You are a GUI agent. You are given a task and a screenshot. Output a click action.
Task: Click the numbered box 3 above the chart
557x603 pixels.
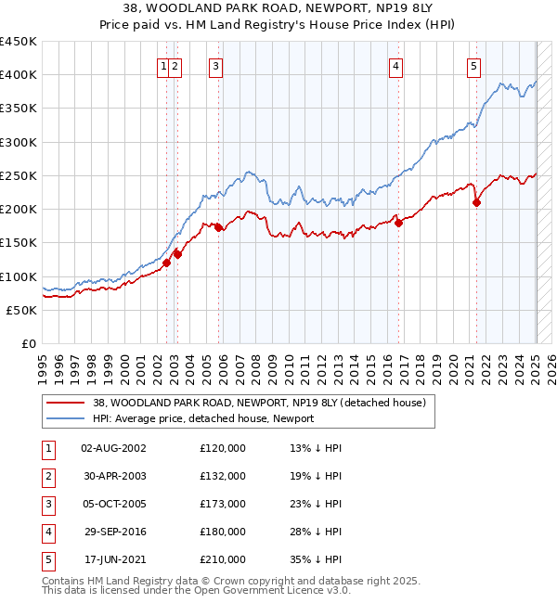pos(215,66)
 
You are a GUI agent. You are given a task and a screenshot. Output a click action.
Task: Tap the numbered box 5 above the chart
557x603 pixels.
pos(473,66)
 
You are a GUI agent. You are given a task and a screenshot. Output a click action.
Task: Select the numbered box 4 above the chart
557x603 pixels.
pos(395,66)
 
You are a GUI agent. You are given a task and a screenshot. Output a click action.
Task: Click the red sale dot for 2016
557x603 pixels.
pos(397,223)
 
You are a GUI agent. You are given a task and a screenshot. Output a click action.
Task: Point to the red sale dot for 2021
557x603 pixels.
pos(476,202)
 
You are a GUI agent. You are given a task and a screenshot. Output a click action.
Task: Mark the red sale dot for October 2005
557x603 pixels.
pos(219,227)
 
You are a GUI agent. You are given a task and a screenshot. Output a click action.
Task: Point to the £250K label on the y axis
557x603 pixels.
pos(19,175)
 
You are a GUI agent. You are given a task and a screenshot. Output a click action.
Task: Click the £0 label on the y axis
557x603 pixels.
pos(28,343)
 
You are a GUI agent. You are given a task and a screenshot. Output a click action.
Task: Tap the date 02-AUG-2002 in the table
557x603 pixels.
pos(113,448)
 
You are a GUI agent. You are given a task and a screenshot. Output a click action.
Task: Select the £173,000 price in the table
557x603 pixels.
pos(223,504)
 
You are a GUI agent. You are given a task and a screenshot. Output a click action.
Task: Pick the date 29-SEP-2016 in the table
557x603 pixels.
pos(113,532)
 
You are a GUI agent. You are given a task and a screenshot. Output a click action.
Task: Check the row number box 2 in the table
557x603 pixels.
pos(47,476)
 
